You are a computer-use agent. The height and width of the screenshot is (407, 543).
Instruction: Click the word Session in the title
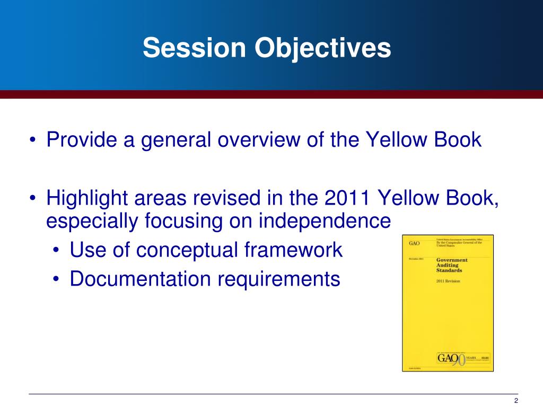point(194,49)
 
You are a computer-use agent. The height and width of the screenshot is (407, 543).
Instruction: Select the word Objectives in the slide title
point(322,49)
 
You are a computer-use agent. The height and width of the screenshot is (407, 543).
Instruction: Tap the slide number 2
point(516,401)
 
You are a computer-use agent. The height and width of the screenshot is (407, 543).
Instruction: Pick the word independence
point(324,221)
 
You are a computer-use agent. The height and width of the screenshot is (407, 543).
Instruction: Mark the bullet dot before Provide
point(34,141)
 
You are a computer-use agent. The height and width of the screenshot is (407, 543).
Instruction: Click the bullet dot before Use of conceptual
point(57,251)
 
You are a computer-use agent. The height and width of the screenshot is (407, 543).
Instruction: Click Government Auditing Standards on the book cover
point(452,265)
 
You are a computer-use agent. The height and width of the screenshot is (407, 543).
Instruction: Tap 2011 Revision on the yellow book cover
point(448,281)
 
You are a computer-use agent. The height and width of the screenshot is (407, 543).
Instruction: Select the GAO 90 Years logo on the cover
point(451,359)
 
